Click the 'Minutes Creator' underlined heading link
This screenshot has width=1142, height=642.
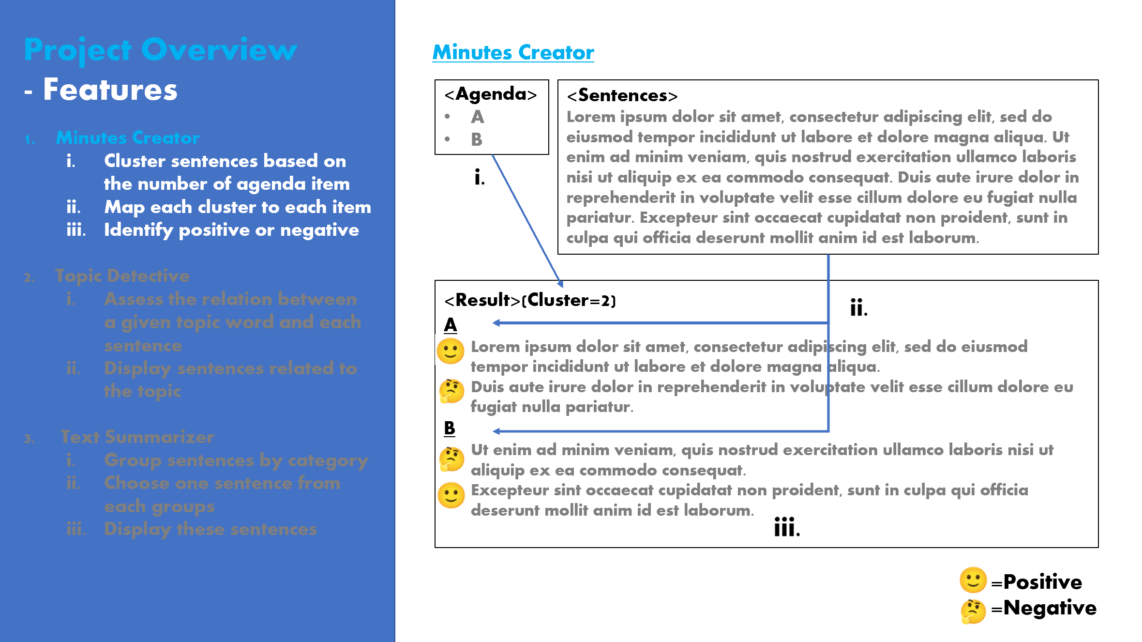tap(513, 52)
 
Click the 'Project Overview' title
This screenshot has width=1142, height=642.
tap(160, 50)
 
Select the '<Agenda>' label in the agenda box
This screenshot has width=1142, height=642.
tap(491, 94)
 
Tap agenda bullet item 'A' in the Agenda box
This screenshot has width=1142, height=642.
tap(477, 117)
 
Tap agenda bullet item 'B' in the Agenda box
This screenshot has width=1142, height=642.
tap(477, 139)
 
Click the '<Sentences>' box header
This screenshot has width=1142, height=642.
tap(622, 95)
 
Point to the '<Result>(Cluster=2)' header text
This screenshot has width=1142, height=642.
tap(530, 300)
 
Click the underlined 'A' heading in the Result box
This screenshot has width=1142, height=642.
tap(450, 325)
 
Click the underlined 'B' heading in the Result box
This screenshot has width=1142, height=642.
tap(450, 428)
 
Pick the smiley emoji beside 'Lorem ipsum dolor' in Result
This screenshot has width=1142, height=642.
tap(451, 351)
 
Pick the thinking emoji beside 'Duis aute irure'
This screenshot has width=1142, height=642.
tap(451, 391)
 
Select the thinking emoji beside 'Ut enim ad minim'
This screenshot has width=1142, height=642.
tap(451, 459)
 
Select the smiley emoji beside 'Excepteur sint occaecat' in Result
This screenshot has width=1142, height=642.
tap(451, 495)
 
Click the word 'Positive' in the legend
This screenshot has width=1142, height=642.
tap(1042, 581)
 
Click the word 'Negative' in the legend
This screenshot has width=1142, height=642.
tap(1050, 608)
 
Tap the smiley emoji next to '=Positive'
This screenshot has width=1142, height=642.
tap(973, 580)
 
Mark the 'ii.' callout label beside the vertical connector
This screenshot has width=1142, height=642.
tap(858, 307)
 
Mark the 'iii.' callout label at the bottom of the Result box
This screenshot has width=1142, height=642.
tap(787, 527)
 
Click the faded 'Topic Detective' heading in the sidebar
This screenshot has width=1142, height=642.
tap(122, 275)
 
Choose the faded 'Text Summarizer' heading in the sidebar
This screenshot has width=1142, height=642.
tap(137, 437)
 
